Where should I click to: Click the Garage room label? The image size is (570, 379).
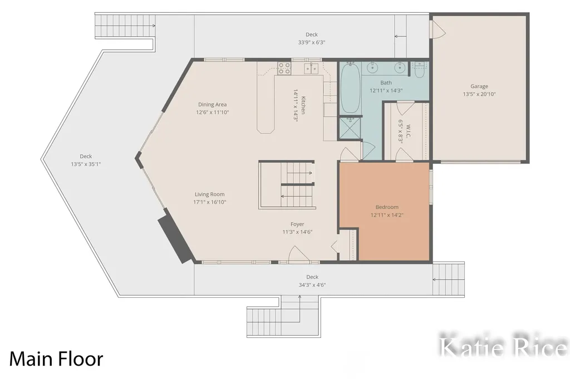tap(479, 86)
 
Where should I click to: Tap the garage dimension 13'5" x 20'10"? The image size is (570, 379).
tap(479, 94)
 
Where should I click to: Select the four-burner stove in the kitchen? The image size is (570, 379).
tap(284, 68)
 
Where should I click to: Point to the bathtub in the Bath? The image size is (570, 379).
tap(351, 88)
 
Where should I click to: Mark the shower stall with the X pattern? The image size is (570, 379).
tap(350, 128)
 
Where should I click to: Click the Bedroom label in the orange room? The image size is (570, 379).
tap(387, 207)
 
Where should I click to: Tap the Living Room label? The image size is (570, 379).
tap(209, 194)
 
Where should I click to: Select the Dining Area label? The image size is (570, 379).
tap(212, 104)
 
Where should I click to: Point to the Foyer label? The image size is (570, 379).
tap(297, 225)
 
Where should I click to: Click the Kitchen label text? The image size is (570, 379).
tap(303, 105)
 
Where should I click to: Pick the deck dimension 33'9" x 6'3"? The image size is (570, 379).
tap(312, 42)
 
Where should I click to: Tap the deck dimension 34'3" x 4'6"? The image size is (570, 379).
tap(312, 285)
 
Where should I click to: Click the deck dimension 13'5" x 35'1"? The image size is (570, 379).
tap(86, 164)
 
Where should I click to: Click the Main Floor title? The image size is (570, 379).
tap(56, 358)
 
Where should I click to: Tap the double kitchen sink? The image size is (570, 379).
tap(311, 68)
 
